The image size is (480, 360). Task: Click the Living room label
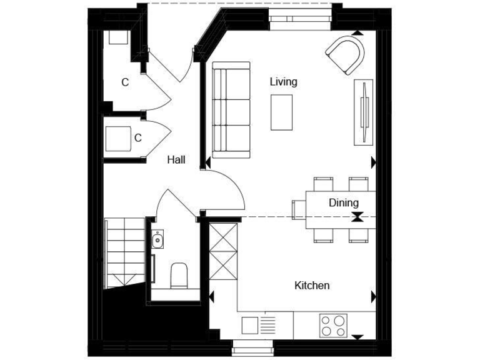coord(283,82)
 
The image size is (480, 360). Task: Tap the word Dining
coord(344,202)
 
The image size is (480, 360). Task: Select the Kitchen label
coord(312,286)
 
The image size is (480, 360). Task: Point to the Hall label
coord(176,160)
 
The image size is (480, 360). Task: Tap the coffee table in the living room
coord(281,112)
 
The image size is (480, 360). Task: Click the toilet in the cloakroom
coord(179,275)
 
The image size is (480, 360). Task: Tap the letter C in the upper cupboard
coord(125,82)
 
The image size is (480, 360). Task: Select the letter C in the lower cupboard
coord(138,137)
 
